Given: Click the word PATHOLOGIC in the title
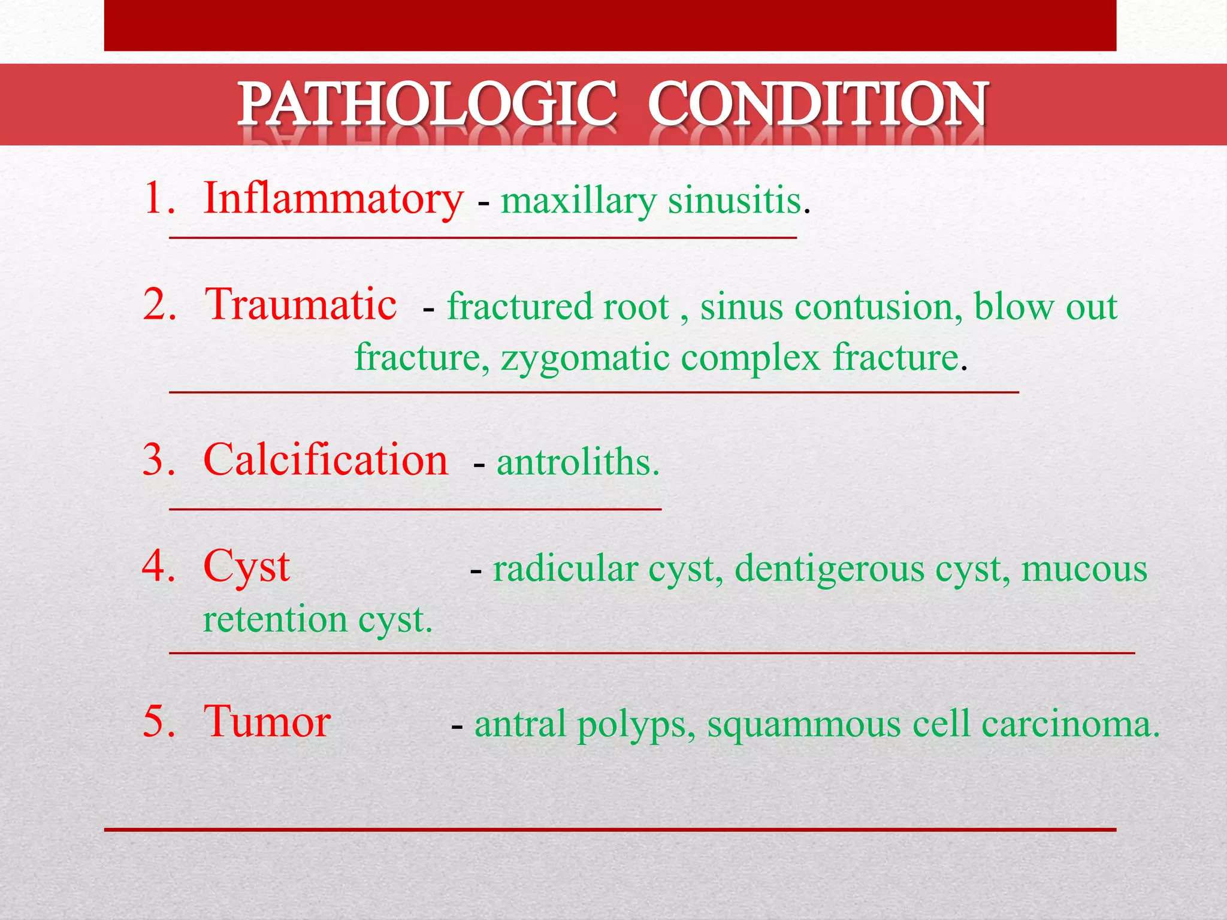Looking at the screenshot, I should click(427, 105).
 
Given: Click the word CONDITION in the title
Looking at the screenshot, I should click(818, 105).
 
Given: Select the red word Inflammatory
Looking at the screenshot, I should click(333, 199).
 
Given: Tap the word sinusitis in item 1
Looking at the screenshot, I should click(735, 201).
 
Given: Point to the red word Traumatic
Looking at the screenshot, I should click(300, 305).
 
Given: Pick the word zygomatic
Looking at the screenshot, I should click(585, 358).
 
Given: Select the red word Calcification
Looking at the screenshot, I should click(325, 461).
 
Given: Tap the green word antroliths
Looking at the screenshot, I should click(578, 463).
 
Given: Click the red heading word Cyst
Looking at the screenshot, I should click(246, 567).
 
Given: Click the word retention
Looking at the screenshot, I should click(274, 619).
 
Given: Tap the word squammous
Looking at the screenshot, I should click(803, 724).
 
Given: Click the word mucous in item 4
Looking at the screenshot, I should click(1084, 569).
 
